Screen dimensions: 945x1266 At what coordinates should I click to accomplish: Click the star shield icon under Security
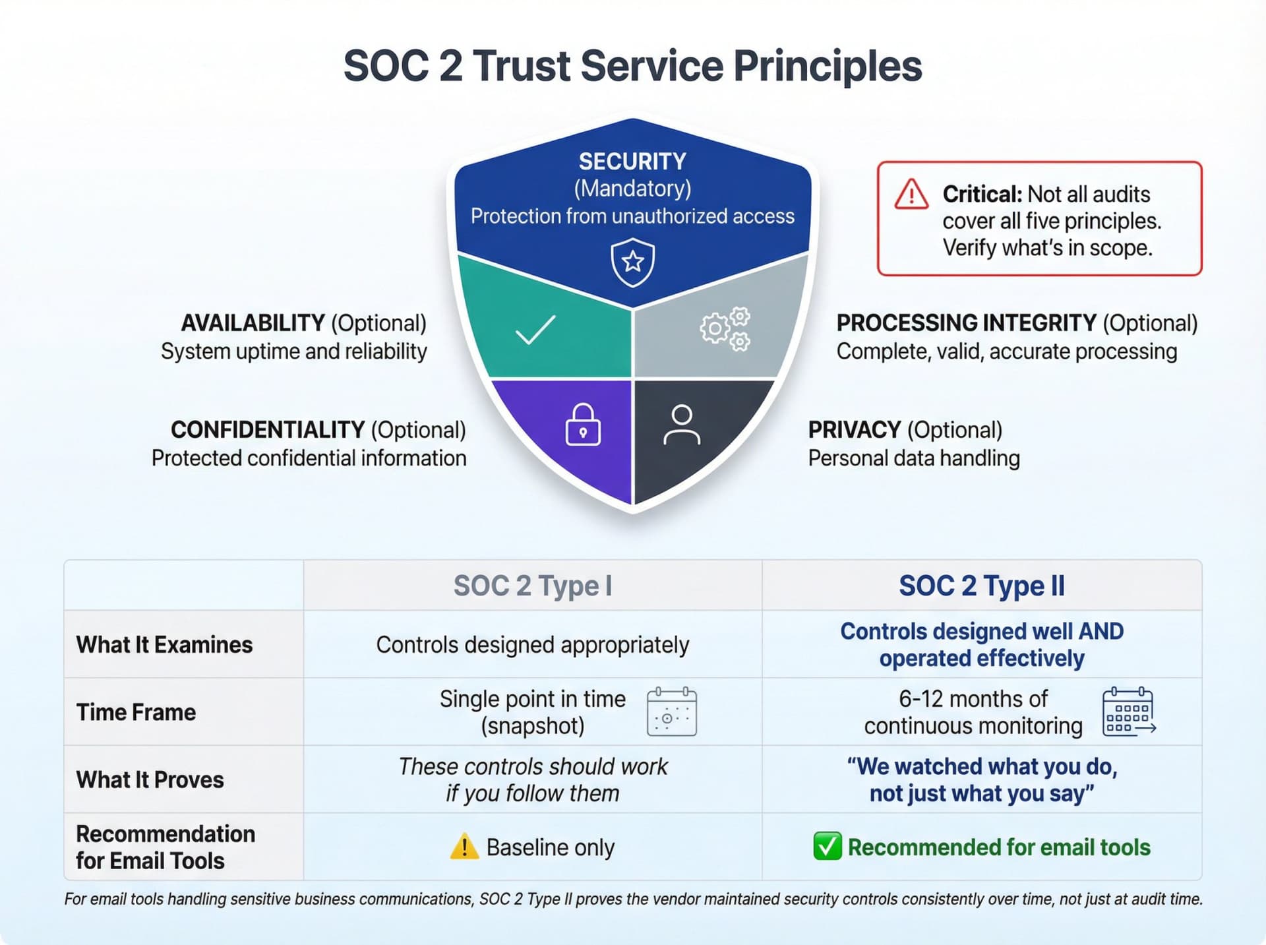(x=632, y=262)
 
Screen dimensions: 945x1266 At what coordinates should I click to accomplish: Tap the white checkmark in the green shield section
(x=535, y=330)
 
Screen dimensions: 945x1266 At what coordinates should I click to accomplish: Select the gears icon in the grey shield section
(x=725, y=328)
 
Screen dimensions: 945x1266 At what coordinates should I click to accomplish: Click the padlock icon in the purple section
(x=583, y=425)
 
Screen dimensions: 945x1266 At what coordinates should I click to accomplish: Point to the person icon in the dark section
(x=681, y=425)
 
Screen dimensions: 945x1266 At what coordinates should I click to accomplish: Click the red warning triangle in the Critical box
(x=911, y=194)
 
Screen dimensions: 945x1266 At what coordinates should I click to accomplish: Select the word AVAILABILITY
(x=253, y=323)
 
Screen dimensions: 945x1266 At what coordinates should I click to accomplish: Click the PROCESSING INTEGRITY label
(x=965, y=323)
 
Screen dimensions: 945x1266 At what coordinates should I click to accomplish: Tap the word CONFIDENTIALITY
(x=267, y=430)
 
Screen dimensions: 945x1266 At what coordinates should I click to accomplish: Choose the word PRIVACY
(x=854, y=430)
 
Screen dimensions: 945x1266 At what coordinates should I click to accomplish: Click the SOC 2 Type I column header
(x=532, y=586)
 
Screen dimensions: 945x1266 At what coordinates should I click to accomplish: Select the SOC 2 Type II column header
(x=981, y=586)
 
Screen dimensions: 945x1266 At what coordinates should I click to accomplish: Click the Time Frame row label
(x=136, y=712)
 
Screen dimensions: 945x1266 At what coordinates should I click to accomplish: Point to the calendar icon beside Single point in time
(x=671, y=712)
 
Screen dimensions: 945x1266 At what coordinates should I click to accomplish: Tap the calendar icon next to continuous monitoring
(x=1128, y=712)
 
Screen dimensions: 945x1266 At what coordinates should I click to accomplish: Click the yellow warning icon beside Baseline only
(x=464, y=847)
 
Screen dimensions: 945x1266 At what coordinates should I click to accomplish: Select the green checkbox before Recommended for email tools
(x=827, y=847)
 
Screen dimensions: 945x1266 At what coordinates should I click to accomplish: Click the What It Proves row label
(x=150, y=779)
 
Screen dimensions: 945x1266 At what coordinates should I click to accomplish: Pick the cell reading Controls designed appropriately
(x=532, y=644)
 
